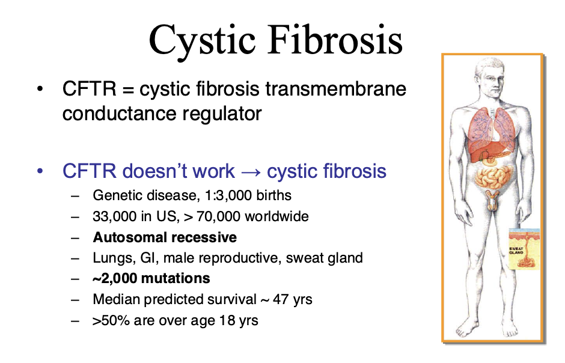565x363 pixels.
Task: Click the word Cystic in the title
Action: [202, 41]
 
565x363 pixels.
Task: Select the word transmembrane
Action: [336, 88]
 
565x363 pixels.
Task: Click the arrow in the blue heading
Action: [251, 172]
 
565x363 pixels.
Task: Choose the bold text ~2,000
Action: [115, 278]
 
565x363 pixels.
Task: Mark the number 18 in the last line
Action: [227, 320]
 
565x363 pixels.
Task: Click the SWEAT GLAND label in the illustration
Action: [516, 251]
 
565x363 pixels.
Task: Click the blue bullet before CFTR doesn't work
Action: [40, 171]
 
